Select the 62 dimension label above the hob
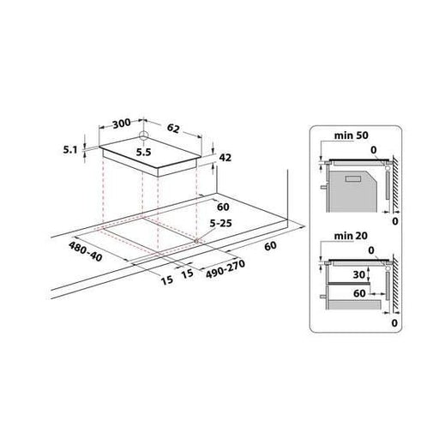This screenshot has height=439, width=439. click(174, 129)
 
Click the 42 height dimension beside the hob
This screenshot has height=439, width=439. click(226, 158)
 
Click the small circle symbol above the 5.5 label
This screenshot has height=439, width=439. click(144, 137)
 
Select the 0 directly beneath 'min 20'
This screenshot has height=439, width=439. click(374, 250)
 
